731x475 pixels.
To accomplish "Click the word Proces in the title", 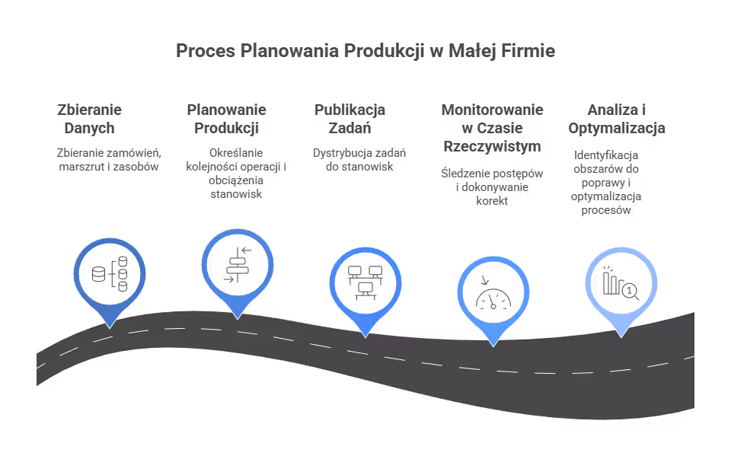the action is pyautogui.click(x=206, y=51).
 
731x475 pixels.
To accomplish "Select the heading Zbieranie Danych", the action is pyautogui.click(x=90, y=119).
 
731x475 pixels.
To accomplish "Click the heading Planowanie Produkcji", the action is pyautogui.click(x=227, y=119).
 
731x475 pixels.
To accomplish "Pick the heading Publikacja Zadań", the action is pyautogui.click(x=350, y=119).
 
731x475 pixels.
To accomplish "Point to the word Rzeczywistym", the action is pyautogui.click(x=493, y=146).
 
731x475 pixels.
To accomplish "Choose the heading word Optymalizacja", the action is pyautogui.click(x=617, y=128).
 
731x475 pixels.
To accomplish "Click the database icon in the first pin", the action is pyautogui.click(x=110, y=273).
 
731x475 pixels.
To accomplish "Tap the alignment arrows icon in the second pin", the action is pyautogui.click(x=238, y=265).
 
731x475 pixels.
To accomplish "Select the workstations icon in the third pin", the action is pyautogui.click(x=365, y=282).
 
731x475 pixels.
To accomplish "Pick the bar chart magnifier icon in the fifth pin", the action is pyautogui.click(x=621, y=283).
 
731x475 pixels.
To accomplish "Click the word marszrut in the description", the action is pyautogui.click(x=78, y=167).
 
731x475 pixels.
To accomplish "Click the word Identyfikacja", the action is pyautogui.click(x=606, y=155).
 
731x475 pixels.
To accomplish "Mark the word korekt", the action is pyautogui.click(x=493, y=201).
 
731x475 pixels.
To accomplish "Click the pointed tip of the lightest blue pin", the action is pyautogui.click(x=621, y=337).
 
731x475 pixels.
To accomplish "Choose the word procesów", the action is pyautogui.click(x=606, y=210).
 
